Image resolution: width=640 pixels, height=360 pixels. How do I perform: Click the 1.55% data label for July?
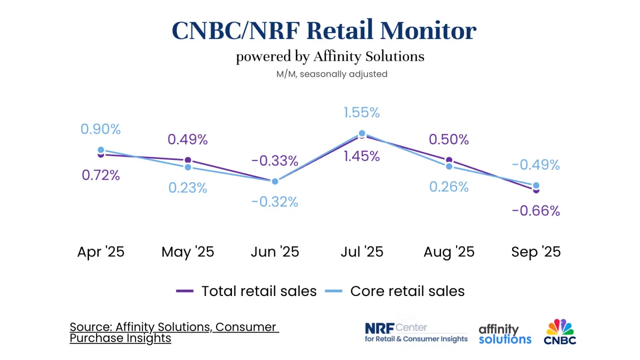pyautogui.click(x=362, y=113)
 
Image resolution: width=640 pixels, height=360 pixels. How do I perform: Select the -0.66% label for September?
pyautogui.click(x=535, y=211)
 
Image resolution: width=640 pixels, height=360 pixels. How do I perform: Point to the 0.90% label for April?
pyautogui.click(x=101, y=129)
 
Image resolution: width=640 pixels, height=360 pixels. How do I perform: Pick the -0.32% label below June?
pyautogui.click(x=275, y=202)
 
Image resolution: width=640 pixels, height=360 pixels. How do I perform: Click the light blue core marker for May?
pyautogui.click(x=188, y=167)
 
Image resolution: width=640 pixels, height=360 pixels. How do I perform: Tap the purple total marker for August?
pyautogui.click(x=449, y=160)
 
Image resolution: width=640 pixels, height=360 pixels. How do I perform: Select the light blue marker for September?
pyautogui.click(x=536, y=186)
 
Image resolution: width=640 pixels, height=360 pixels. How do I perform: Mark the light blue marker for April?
pyautogui.click(x=101, y=150)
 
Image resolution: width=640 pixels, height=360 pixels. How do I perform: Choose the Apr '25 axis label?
pyautogui.click(x=101, y=252)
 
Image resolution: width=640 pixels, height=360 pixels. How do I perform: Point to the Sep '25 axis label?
pyautogui.click(x=536, y=252)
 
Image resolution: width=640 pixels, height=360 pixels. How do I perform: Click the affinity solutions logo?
pyautogui.click(x=505, y=334)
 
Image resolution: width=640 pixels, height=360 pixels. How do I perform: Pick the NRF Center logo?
pyautogui.click(x=416, y=332)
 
